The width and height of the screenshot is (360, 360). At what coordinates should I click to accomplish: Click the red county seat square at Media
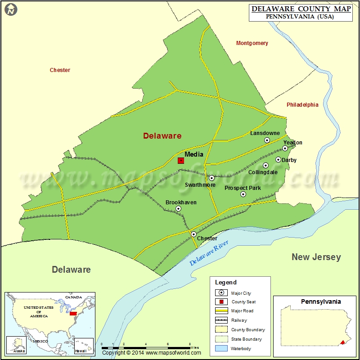pos(181,160)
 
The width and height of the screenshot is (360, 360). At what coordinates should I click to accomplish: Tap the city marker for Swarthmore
pos(211,178)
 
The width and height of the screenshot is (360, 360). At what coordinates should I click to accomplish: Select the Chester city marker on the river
pos(193,234)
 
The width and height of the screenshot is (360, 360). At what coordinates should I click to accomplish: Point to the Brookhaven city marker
pos(178,209)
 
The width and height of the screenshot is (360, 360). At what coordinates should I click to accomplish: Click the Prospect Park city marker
pos(243,194)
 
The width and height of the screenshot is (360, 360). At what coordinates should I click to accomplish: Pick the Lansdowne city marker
pos(267,140)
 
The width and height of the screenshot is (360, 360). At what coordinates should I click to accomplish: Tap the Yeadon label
pos(292,143)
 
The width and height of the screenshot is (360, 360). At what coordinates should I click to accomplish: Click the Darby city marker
pos(278,159)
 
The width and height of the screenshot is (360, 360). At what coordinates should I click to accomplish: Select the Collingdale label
pos(263,172)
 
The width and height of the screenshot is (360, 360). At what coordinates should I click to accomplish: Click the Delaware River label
pos(209,252)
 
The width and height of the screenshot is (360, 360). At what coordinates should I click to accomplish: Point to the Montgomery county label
pos(252,43)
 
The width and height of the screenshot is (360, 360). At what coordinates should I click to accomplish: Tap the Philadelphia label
pos(302,105)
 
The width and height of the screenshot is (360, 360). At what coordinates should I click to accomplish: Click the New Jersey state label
pos(316,257)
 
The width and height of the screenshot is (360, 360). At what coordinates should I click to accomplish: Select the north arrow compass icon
pos(11,9)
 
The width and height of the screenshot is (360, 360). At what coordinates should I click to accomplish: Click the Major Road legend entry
pos(242,311)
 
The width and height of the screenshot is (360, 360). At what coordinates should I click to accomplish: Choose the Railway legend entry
pos(239,320)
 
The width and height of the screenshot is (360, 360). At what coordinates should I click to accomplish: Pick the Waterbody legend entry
pos(241,348)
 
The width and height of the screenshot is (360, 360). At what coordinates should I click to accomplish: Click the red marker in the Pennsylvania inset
pos(342,342)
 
